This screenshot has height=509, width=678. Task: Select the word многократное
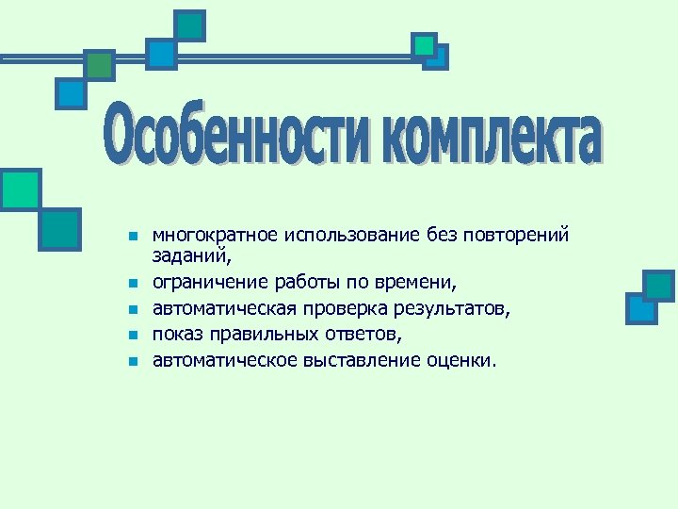pyautogui.click(x=208, y=235)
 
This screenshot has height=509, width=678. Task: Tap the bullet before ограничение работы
pyautogui.click(x=134, y=282)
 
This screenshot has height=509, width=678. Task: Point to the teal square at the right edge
pyautogui.click(x=659, y=285)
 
